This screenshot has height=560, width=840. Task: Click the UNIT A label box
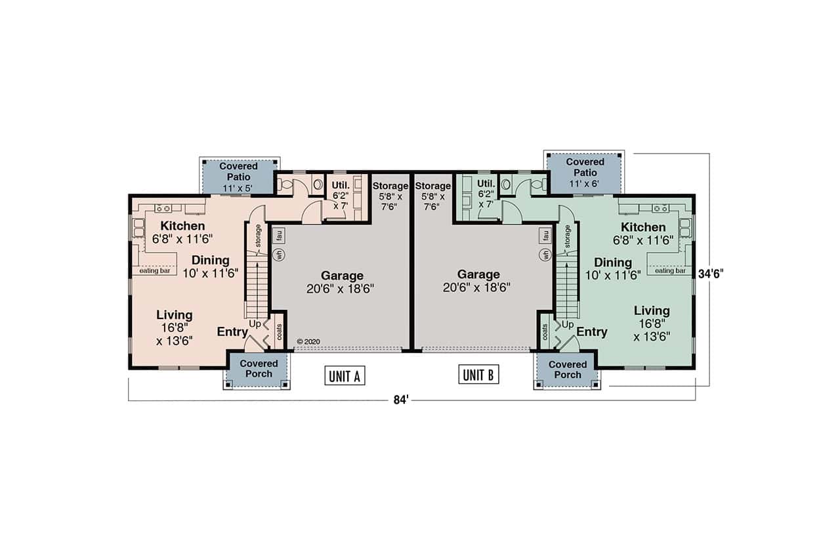point(345,376)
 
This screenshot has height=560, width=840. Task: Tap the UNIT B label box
point(478,375)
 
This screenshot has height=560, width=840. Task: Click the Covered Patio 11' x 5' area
point(238,177)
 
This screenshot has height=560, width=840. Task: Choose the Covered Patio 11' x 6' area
point(585,172)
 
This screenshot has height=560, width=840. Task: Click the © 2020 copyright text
point(307,341)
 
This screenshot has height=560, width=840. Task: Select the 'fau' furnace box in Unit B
point(545,234)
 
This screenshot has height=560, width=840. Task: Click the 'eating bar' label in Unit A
point(156,270)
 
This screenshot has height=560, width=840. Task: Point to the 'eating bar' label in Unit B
point(669,270)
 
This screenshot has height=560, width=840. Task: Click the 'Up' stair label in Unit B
point(568,324)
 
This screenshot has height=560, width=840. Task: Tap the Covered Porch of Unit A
point(258,369)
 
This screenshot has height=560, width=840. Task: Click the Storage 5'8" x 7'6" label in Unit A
point(390,196)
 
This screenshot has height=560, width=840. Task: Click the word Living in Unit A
point(174,315)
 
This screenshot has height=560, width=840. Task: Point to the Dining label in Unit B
point(613,263)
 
